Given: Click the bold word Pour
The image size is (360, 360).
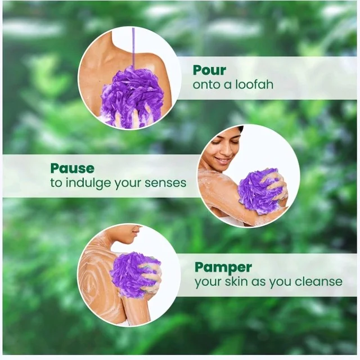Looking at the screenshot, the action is pyautogui.click(x=209, y=70).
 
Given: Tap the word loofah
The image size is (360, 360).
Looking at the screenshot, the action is pyautogui.click(x=254, y=84).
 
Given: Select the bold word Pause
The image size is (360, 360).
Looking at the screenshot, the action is pyautogui.click(x=73, y=168).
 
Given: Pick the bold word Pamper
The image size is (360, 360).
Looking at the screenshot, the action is pyautogui.click(x=223, y=268).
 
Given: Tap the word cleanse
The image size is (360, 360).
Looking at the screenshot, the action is pyautogui.click(x=318, y=281).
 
